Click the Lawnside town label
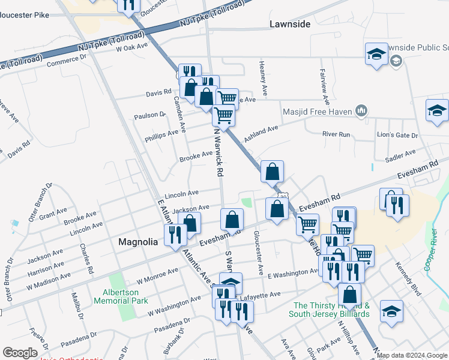coord(291,25)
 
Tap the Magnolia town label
coord(138,242)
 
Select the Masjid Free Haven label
coord(319,110)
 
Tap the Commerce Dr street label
coord(66,61)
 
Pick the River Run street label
coord(336,134)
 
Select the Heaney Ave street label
coord(262,72)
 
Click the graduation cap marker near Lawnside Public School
coord(376,53)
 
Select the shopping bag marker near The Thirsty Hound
coord(349,295)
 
